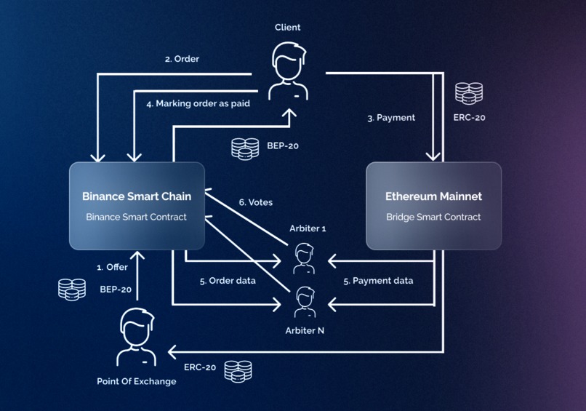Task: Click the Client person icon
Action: point(288,71)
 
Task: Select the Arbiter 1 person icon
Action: point(305,259)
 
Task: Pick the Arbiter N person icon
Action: point(305,302)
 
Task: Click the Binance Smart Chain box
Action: point(137,206)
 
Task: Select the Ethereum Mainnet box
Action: point(433,206)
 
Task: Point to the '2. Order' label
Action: point(182,59)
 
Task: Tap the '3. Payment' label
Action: point(391,117)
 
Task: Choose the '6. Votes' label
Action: point(256,202)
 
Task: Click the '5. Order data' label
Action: point(228,281)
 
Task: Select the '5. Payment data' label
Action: point(378,281)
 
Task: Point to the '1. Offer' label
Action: point(112,267)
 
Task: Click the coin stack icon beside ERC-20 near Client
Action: point(469,93)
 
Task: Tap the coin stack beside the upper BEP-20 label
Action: point(245,148)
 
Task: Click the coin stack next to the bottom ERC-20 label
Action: point(238,371)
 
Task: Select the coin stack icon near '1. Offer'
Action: point(72,289)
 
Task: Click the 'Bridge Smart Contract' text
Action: point(433,217)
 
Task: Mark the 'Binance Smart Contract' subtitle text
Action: point(137,217)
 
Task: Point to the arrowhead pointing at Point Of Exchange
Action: point(172,352)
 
